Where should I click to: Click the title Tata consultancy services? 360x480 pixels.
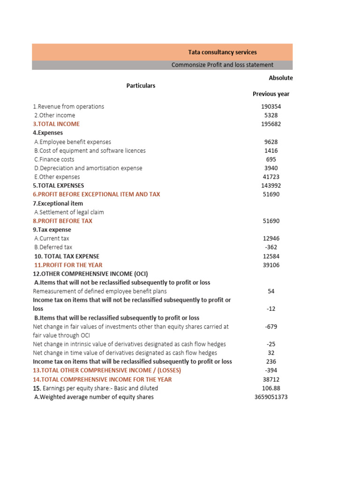(x=222, y=52)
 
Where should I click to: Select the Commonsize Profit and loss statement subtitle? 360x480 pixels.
(x=222, y=65)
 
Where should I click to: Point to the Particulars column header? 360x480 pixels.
(x=141, y=86)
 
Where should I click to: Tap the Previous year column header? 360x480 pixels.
(x=271, y=94)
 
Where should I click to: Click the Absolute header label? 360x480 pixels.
(x=280, y=78)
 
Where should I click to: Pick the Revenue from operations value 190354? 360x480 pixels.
(x=271, y=106)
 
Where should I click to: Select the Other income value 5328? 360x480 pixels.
(x=271, y=115)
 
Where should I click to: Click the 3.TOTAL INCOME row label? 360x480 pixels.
(x=56, y=124)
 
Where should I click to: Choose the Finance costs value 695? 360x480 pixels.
(x=271, y=159)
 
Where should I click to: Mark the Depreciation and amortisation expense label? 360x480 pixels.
(x=88, y=168)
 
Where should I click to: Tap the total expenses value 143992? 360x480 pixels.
(x=271, y=186)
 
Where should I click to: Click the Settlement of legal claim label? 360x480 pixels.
(x=69, y=212)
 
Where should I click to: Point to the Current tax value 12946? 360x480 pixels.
(x=271, y=239)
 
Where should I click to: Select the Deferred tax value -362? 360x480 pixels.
(x=271, y=247)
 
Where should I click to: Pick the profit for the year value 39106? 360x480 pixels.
(x=271, y=265)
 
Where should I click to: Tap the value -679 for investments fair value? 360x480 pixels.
(x=271, y=327)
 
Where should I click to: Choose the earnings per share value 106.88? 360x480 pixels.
(x=271, y=388)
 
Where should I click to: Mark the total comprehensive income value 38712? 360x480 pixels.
(x=271, y=380)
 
